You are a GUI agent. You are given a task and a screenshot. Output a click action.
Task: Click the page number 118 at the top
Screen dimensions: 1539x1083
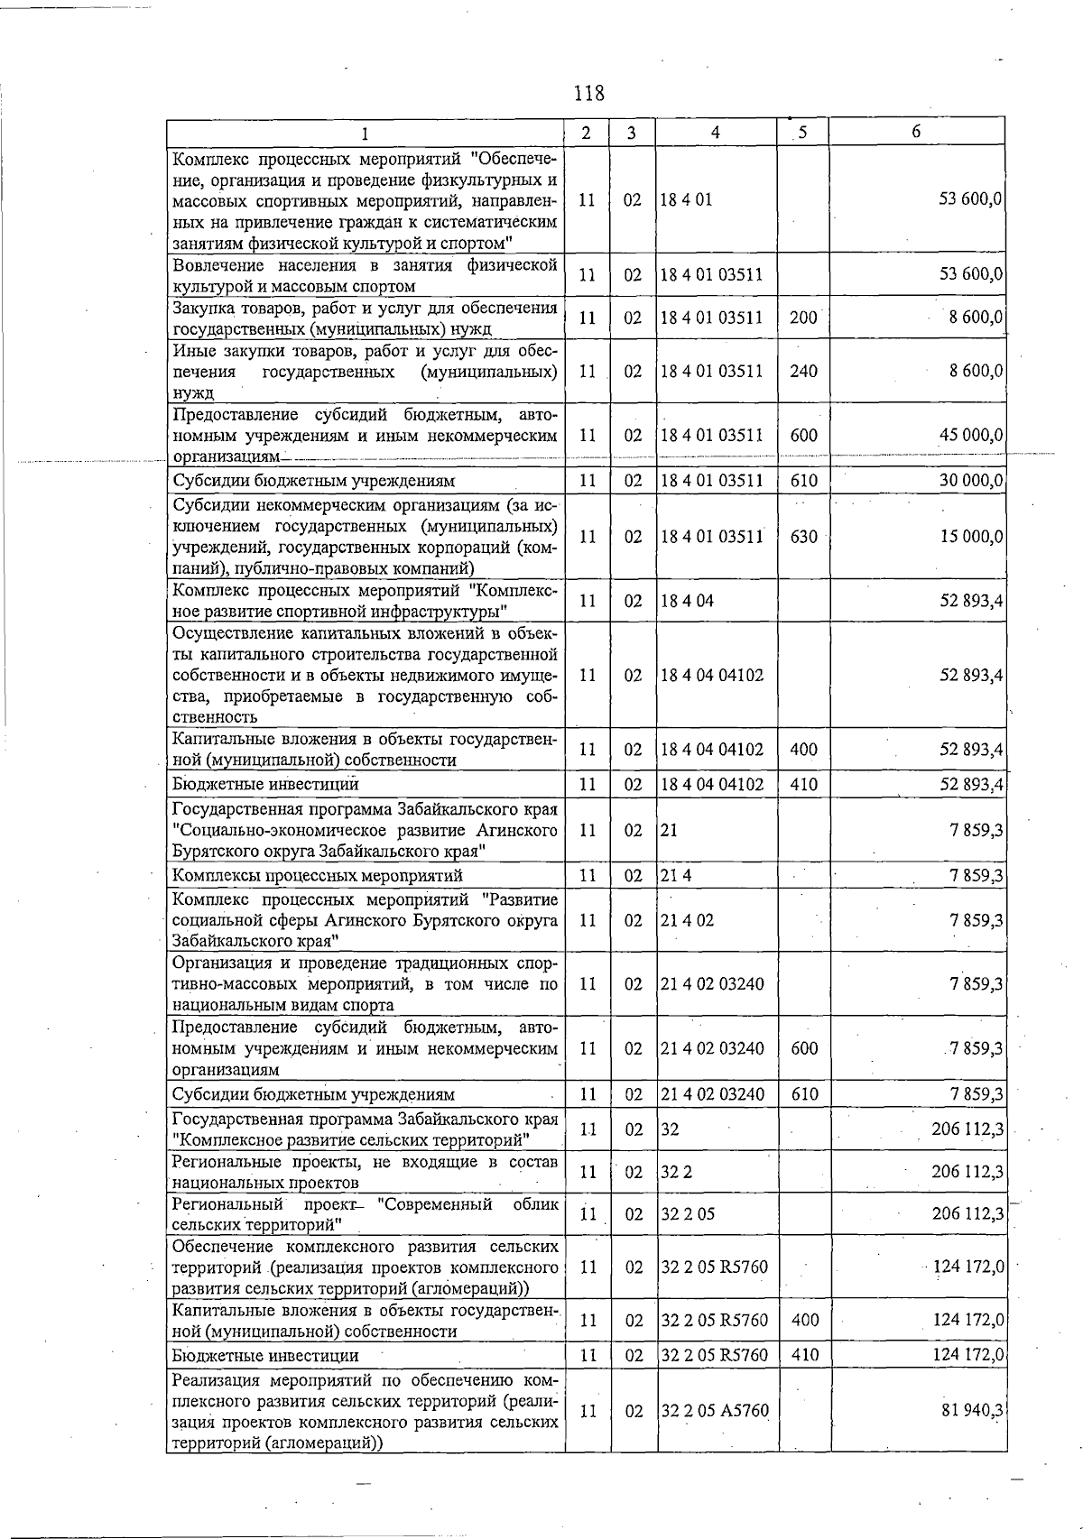point(588,93)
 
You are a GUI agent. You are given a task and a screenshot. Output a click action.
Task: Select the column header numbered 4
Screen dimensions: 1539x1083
point(715,132)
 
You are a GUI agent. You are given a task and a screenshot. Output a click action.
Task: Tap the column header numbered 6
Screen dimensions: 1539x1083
point(916,132)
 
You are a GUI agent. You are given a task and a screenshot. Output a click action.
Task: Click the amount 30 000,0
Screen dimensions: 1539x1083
point(971,481)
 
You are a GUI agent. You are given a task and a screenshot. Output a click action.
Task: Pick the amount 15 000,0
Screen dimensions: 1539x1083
point(971,537)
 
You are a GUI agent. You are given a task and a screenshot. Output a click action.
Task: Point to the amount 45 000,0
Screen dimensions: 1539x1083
point(971,435)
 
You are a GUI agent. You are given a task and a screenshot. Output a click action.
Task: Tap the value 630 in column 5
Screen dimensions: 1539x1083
point(803,537)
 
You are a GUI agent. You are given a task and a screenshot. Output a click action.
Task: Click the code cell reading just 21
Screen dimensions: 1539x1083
point(669,830)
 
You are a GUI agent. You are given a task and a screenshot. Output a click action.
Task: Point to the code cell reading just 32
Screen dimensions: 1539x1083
point(670,1129)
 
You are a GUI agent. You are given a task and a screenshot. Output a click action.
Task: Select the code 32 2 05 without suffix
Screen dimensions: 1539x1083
point(687,1214)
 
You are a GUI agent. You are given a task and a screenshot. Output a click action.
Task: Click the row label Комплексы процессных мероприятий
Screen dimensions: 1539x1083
point(317,876)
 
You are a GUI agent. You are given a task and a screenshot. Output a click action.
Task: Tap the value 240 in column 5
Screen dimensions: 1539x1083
point(803,371)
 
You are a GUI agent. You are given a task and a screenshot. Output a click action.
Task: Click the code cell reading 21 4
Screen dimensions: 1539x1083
point(675,876)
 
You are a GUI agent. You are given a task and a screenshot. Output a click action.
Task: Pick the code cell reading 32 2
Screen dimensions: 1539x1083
point(675,1172)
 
